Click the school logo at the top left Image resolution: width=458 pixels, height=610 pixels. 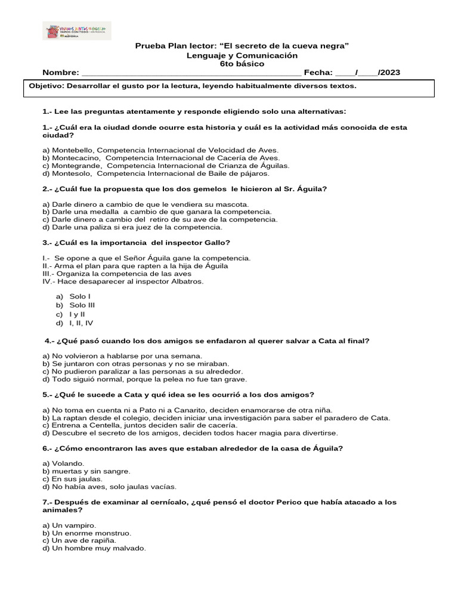pyautogui.click(x=76, y=30)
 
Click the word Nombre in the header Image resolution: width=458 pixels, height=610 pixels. pyautogui.click(x=60, y=73)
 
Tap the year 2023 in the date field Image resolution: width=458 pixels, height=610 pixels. pyautogui.click(x=390, y=73)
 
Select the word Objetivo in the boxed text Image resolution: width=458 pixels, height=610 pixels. pyautogui.click(x=47, y=86)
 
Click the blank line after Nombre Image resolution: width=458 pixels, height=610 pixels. pyautogui.click(x=191, y=74)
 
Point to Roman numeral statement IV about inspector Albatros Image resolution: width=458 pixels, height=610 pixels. pyautogui.click(x=123, y=281)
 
